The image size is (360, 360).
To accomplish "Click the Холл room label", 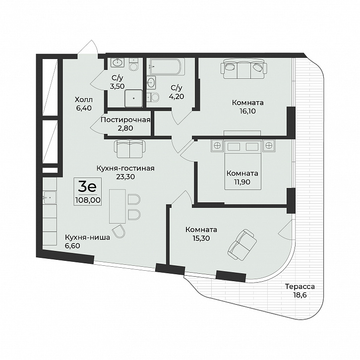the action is click(84, 100).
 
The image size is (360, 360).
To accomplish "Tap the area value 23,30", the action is click(125, 177).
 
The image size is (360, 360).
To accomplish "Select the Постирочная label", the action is click(125, 120).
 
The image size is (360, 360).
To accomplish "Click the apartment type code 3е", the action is click(87, 187).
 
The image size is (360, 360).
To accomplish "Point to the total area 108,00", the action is click(88, 200).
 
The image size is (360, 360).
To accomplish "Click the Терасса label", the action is click(300, 287).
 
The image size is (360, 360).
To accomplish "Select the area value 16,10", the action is click(247, 111).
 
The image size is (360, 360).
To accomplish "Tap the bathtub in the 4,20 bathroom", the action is click(167, 66).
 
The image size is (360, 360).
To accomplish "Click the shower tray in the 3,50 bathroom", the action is click(133, 98).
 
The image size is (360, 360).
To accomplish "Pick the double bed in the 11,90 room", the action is click(243, 165).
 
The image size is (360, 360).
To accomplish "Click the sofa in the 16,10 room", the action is click(244, 68).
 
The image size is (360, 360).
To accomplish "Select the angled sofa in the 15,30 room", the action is click(242, 245).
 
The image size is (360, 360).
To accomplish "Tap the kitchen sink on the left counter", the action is click(50, 197).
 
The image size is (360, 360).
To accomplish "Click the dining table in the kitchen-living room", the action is click(118, 206).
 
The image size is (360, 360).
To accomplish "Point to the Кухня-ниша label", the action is click(87, 238).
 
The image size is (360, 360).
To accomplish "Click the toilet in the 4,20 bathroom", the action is click(153, 97).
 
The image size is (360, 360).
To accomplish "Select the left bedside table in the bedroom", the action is click(217, 146).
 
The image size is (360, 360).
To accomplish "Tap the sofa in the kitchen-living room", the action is click(130, 149).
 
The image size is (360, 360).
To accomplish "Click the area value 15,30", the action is click(201, 239).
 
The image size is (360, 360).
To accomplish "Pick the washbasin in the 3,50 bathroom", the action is click(118, 62).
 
